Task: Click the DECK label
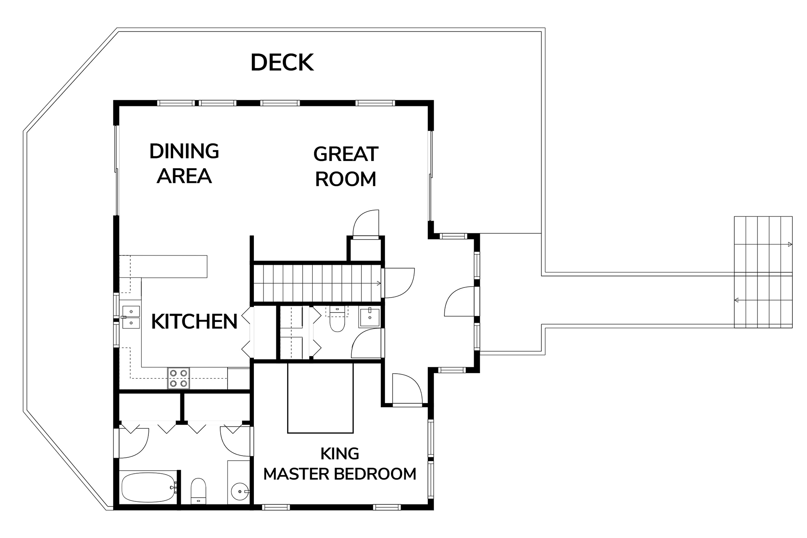[282, 63]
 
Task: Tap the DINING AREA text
[184, 164]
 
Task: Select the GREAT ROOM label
[345, 166]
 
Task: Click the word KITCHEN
[194, 322]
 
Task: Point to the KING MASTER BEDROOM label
[340, 464]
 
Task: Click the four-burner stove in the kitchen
[179, 378]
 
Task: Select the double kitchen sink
[130, 317]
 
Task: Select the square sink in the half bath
[369, 318]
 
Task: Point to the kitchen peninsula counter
[164, 266]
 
